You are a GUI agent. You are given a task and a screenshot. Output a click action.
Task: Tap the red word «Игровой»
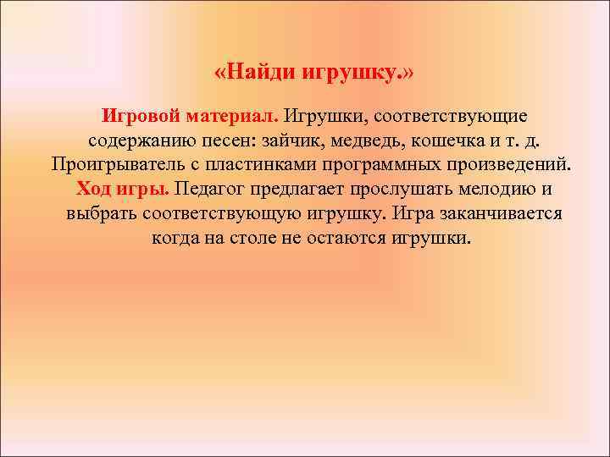(138, 114)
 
